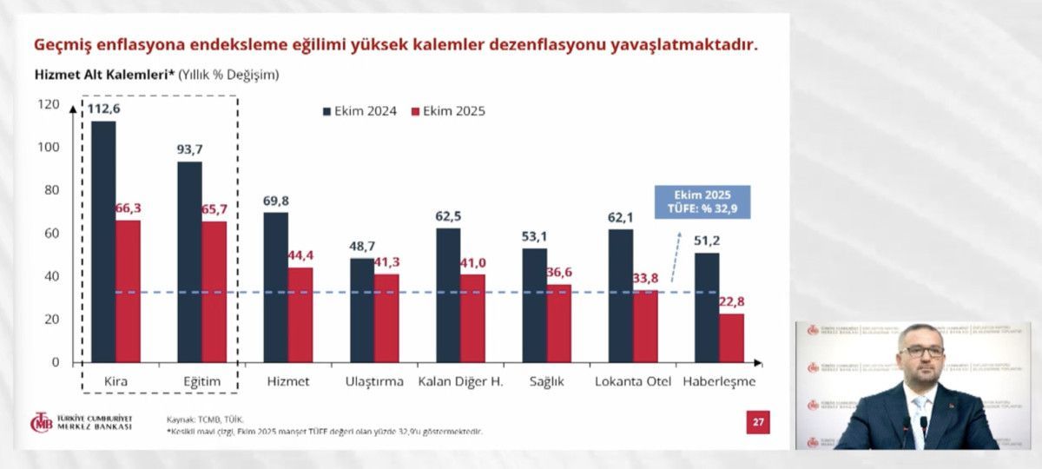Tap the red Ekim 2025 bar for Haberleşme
tap(732, 338)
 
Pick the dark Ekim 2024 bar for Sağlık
tap(534, 305)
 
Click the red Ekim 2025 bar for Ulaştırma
tap(386, 318)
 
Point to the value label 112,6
tap(103, 109)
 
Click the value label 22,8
tap(731, 301)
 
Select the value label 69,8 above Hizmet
tap(276, 201)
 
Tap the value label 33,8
tap(645, 278)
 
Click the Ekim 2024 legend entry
tap(360, 111)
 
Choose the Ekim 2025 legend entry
tap(448, 111)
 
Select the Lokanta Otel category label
tap(633, 382)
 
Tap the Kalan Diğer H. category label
tap(460, 382)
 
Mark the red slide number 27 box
tap(758, 423)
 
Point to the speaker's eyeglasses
tap(921, 352)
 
